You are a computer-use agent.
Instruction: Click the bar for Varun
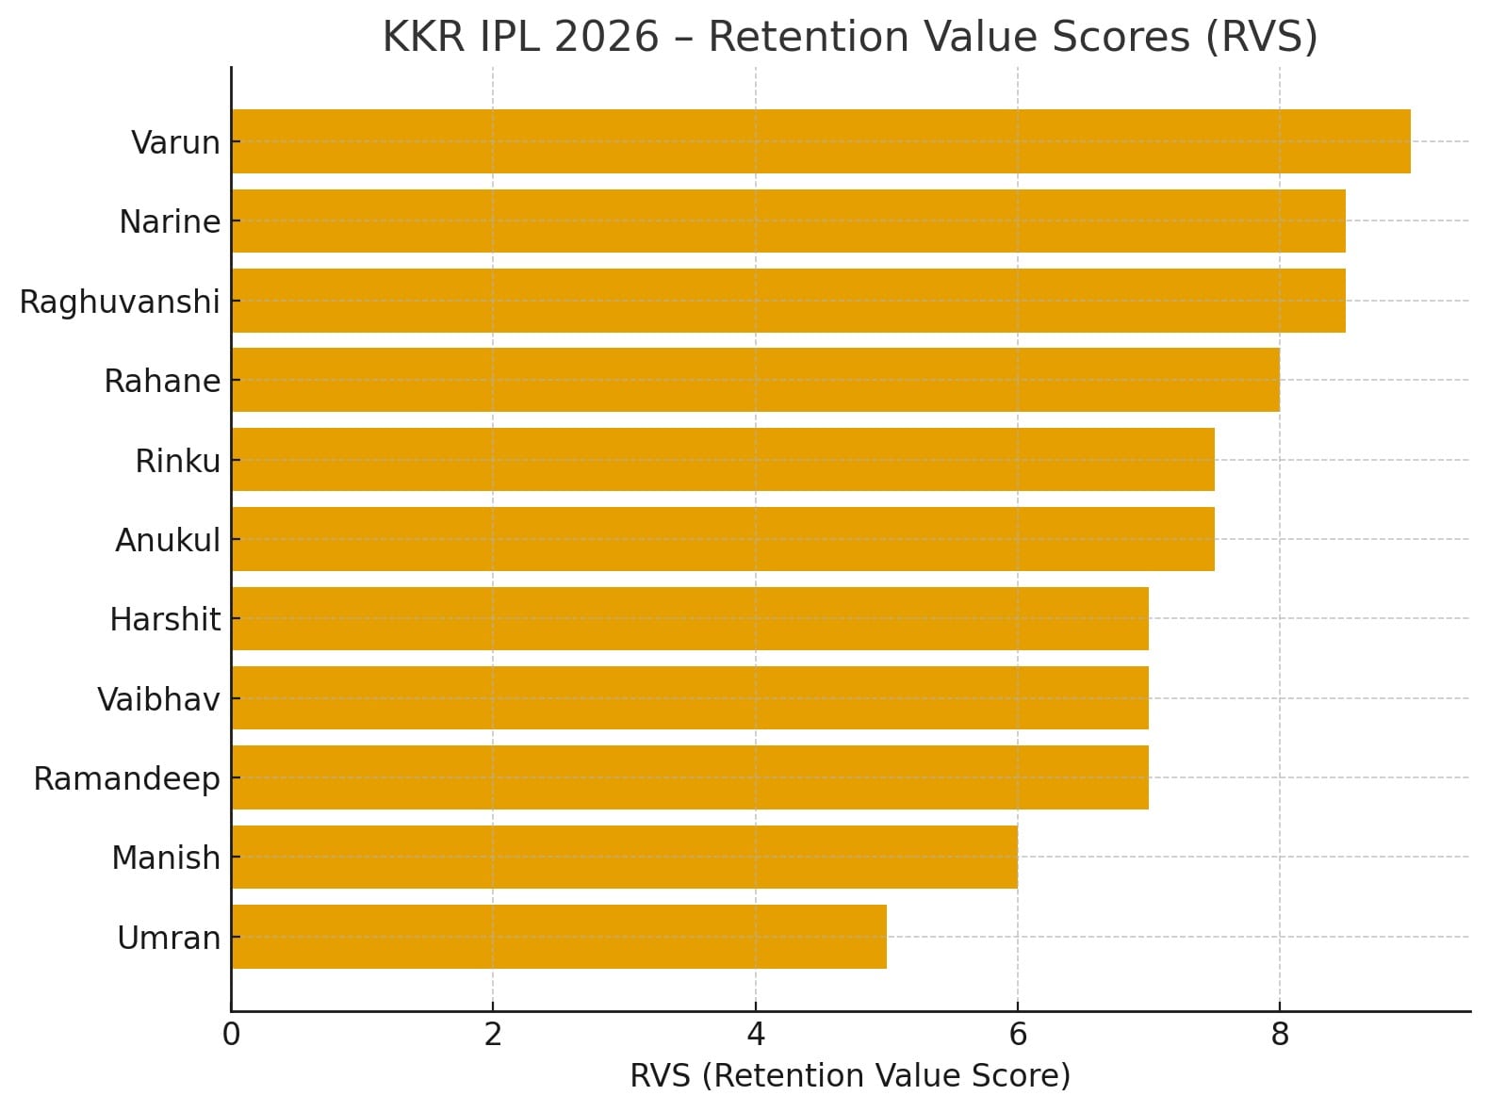pos(820,141)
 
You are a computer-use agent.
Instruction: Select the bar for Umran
pos(559,937)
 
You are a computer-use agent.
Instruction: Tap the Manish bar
pos(624,857)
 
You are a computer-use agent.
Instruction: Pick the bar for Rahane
pos(755,380)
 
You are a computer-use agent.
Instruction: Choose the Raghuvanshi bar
pos(788,301)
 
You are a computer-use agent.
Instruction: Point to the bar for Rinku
pos(723,460)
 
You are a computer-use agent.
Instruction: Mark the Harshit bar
pos(690,618)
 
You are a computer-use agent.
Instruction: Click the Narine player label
pos(170,221)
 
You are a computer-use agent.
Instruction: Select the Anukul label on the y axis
pos(168,540)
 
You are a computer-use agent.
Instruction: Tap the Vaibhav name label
pos(158,699)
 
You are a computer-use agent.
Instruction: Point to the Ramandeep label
pos(126,778)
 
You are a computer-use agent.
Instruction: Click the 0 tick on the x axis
pos(231,1035)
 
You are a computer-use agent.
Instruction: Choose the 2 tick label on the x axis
pos(493,1035)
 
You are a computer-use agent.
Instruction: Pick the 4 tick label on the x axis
pos(756,1035)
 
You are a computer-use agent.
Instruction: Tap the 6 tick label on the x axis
pos(1018,1035)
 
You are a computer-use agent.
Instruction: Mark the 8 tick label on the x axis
pos(1280,1035)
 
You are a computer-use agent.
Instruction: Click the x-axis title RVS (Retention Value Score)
pos(850,1075)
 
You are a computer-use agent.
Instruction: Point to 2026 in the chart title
pos(606,38)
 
